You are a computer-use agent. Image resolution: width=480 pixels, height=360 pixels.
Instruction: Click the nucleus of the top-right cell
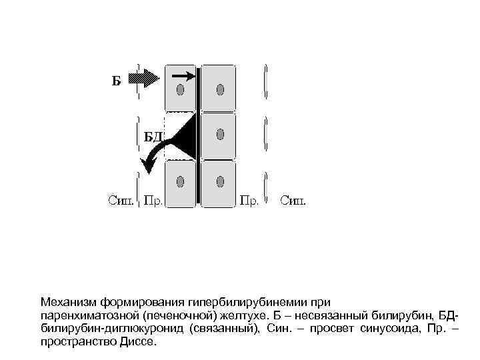pos(219,89)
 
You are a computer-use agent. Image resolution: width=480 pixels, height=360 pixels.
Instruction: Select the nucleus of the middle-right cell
pos(219,135)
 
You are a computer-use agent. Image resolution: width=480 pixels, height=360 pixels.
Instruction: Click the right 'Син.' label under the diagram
pos(294,200)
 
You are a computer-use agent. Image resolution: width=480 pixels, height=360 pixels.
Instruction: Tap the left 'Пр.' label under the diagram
pos(155,200)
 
